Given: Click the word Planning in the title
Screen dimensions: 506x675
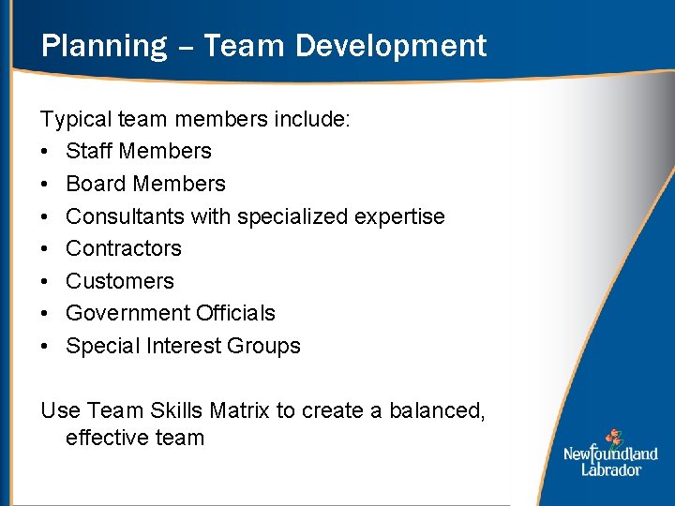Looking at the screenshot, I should [103, 46].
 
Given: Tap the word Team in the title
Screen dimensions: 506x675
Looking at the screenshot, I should [236, 46].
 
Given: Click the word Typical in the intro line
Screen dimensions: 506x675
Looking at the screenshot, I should [76, 119].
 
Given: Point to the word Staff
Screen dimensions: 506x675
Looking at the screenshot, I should [89, 151].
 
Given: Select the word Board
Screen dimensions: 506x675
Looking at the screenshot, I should [95, 184].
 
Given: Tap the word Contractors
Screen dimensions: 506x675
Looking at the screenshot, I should [123, 248].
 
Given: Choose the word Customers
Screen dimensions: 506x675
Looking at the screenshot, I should [120, 281].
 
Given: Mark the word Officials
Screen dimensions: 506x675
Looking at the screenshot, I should [235, 313].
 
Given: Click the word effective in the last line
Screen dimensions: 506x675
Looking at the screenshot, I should [100, 438].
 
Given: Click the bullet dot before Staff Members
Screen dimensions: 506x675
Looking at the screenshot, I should [45, 152].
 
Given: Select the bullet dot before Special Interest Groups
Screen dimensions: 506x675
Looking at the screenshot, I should [45, 347].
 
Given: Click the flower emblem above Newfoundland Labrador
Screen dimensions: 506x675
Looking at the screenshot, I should [613, 438].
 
